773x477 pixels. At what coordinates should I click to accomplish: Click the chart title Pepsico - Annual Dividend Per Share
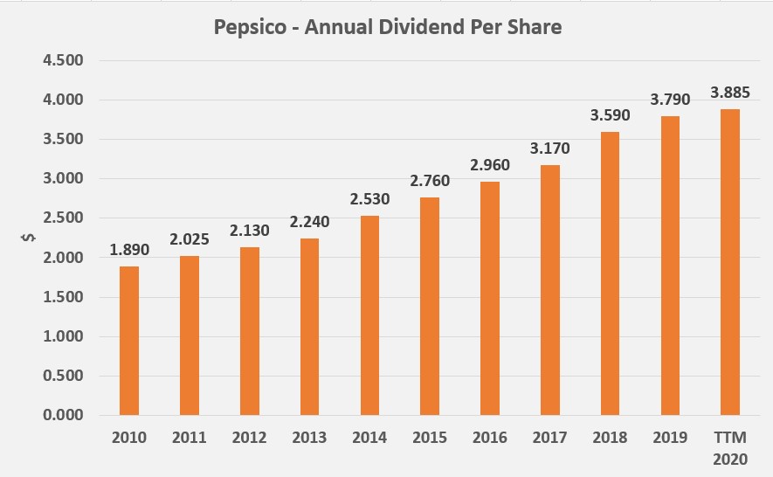(388, 27)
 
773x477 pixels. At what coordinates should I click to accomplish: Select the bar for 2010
(129, 340)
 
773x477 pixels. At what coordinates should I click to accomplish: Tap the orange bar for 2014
(369, 315)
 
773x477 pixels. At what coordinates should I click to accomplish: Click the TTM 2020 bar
(729, 261)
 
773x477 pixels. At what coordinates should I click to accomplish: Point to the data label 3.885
(729, 92)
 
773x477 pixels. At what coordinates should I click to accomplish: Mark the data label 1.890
(129, 249)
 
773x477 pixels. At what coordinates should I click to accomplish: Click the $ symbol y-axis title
(26, 238)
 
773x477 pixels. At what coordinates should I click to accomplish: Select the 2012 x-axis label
(250, 438)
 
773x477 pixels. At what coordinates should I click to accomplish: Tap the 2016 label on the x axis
(490, 438)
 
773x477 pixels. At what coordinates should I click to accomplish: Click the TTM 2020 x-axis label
(729, 446)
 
